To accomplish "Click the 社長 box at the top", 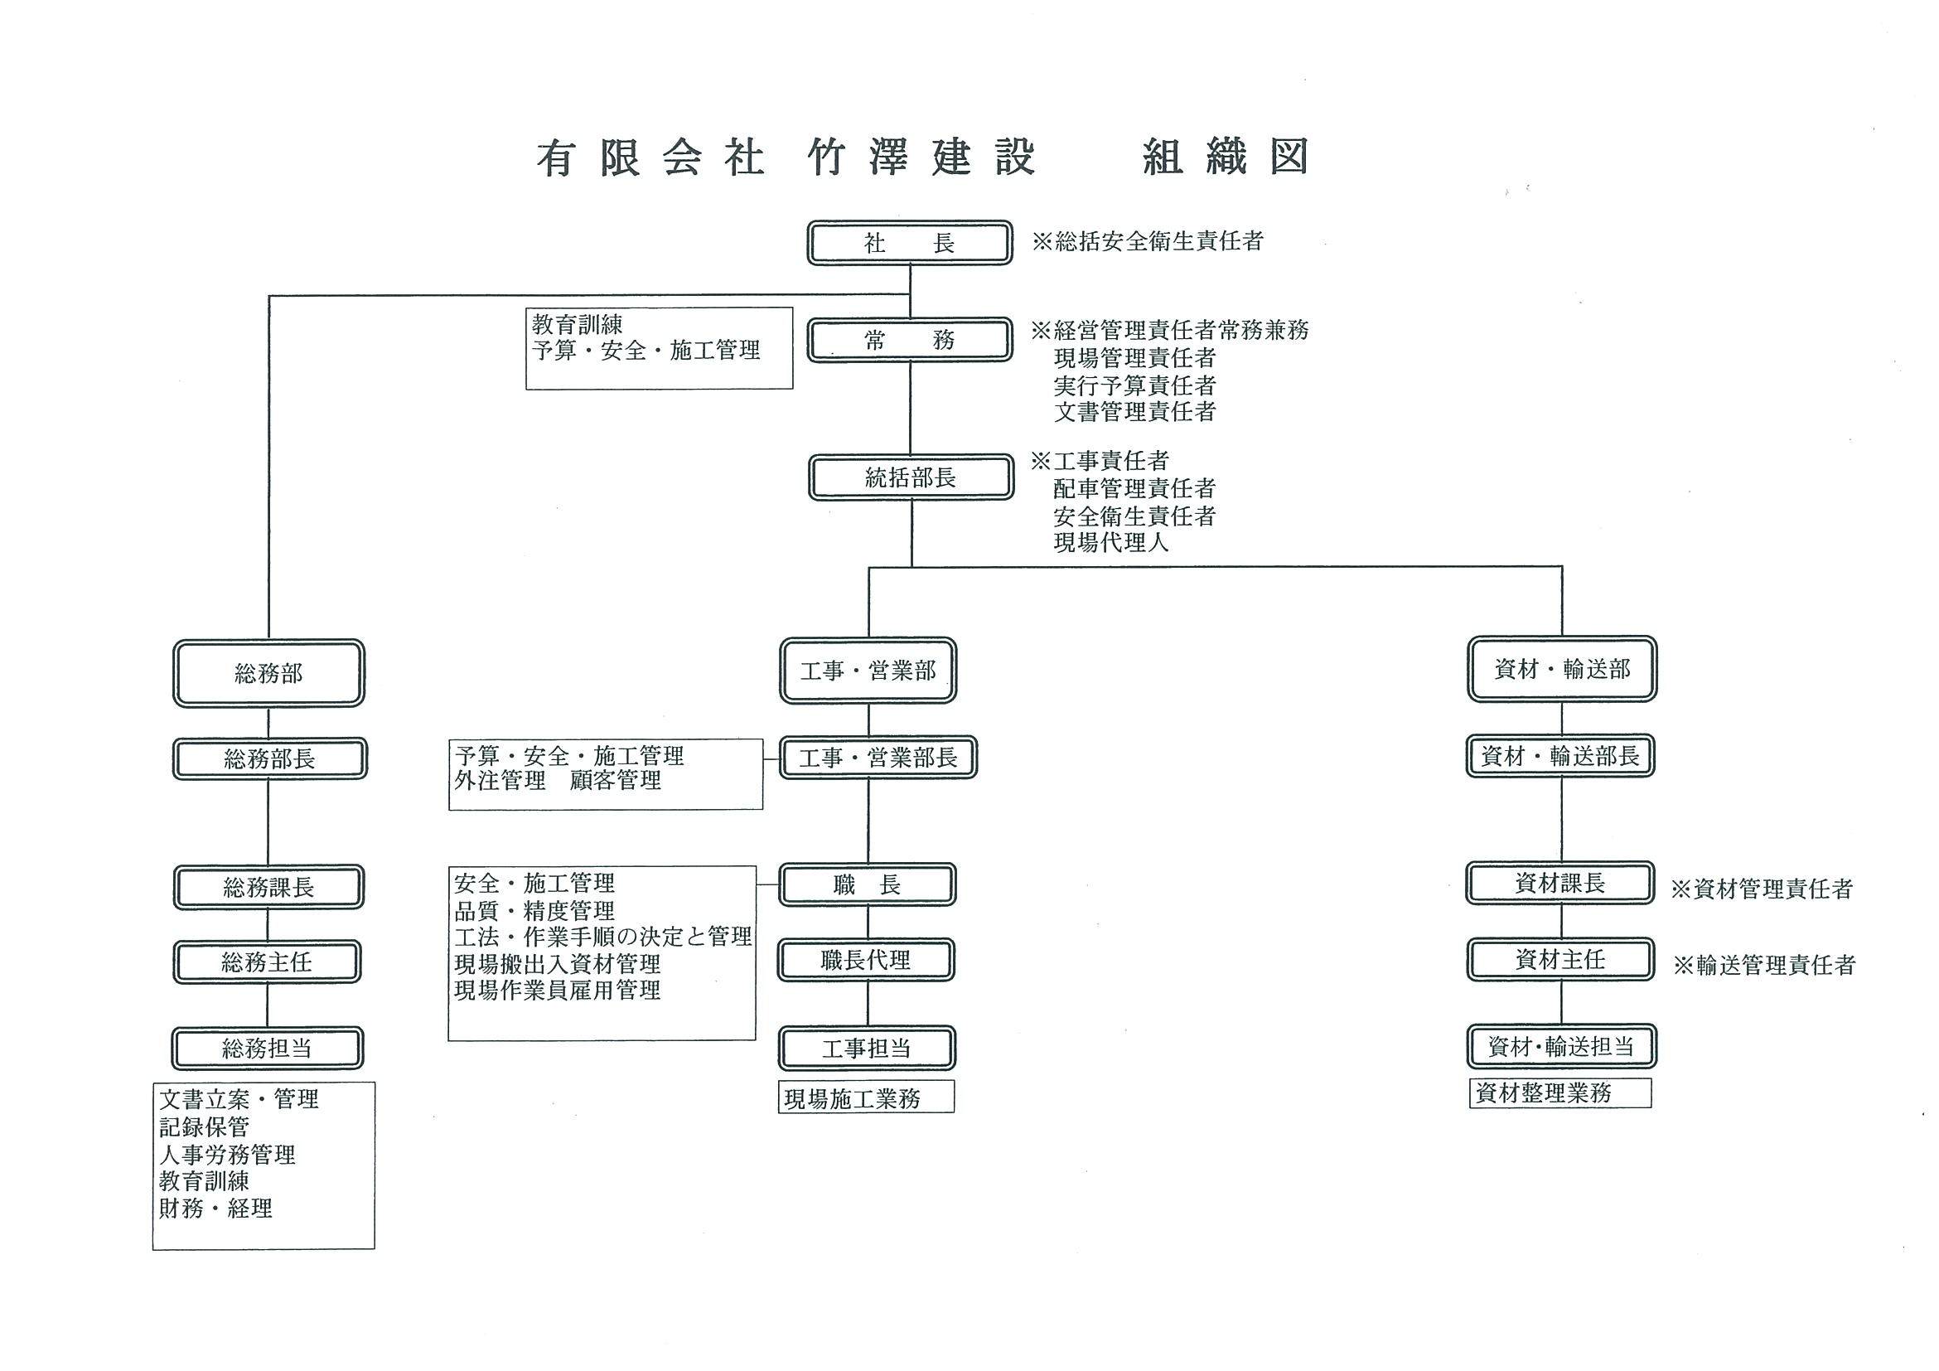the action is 910,244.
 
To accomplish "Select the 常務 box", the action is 910,340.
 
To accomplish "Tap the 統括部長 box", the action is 911,477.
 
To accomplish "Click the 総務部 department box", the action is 268,673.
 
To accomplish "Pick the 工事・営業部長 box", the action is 878,757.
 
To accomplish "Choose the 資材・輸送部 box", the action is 1561,669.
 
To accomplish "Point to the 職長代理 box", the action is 867,960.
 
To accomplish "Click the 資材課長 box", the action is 1559,884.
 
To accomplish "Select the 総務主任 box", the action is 267,962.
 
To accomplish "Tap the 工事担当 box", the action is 867,1049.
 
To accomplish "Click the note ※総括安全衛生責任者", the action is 1148,241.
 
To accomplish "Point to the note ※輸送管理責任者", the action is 1764,965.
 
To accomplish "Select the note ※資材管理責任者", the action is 1763,889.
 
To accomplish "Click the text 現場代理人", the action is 1111,542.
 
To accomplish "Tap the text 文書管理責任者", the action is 1134,411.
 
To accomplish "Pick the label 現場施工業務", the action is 852,1099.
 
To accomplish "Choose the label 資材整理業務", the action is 1543,1093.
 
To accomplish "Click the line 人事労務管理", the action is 227,1154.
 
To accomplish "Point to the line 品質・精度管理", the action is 534,911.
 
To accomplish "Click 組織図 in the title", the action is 1226,157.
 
